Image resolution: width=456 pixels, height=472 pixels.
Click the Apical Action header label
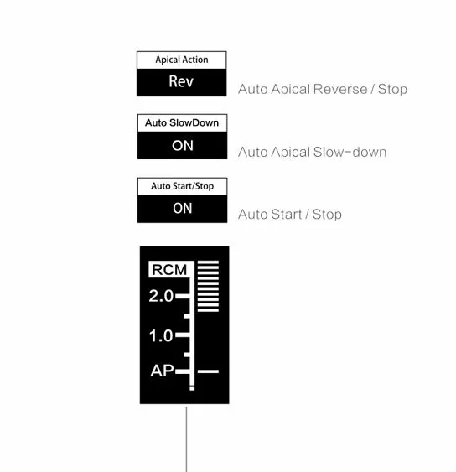(182, 60)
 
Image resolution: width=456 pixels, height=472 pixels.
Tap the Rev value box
(182, 82)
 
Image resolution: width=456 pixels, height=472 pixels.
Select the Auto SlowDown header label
(182, 122)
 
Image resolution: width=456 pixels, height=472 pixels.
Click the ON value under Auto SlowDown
(182, 145)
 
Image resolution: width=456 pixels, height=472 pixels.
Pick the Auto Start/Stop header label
(182, 186)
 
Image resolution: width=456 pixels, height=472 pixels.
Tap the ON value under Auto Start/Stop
(182, 209)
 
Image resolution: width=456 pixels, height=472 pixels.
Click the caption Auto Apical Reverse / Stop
(323, 89)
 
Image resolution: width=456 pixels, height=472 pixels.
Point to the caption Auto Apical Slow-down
(312, 152)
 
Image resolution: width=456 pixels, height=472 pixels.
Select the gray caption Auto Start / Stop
(290, 215)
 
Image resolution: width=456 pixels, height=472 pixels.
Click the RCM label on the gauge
(169, 270)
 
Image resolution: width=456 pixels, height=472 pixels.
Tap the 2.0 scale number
(161, 296)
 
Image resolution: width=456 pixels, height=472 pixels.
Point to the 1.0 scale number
(161, 335)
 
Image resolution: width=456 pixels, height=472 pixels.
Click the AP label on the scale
(163, 371)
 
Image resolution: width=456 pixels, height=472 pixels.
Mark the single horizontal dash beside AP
(208, 371)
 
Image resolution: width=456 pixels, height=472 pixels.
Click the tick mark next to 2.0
(183, 296)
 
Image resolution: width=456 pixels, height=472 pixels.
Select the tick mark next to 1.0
(183, 335)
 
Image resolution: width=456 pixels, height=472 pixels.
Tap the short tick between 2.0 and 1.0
(187, 316)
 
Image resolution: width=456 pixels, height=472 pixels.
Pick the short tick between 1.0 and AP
(187, 355)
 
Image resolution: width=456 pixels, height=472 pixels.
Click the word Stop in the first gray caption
(392, 89)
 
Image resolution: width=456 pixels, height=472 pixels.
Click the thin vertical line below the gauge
(186, 439)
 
